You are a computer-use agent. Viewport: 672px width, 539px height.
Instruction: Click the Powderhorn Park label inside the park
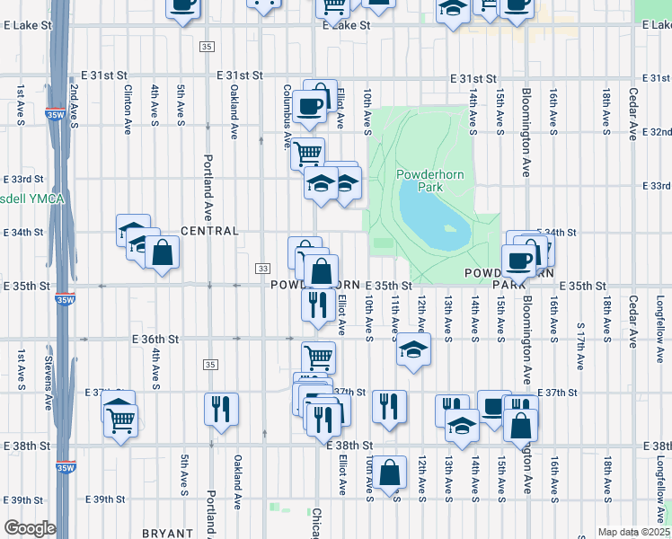pos(430,181)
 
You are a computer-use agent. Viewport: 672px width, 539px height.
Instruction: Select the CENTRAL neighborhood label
pos(210,231)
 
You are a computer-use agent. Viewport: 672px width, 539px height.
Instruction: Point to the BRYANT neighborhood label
pos(167,533)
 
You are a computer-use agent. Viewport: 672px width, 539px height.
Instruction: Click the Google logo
pos(30,528)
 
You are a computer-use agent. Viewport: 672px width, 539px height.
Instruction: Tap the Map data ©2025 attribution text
pos(633,532)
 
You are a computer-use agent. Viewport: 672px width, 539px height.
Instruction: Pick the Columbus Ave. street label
pos(288,116)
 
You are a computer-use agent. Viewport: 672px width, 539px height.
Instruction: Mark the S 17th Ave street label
pos(581,346)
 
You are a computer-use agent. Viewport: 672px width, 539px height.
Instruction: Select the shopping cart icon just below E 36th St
pos(318,358)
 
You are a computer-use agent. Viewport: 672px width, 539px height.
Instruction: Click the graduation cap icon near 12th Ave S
pos(413,349)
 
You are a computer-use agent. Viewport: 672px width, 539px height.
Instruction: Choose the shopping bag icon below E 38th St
pos(389,473)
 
